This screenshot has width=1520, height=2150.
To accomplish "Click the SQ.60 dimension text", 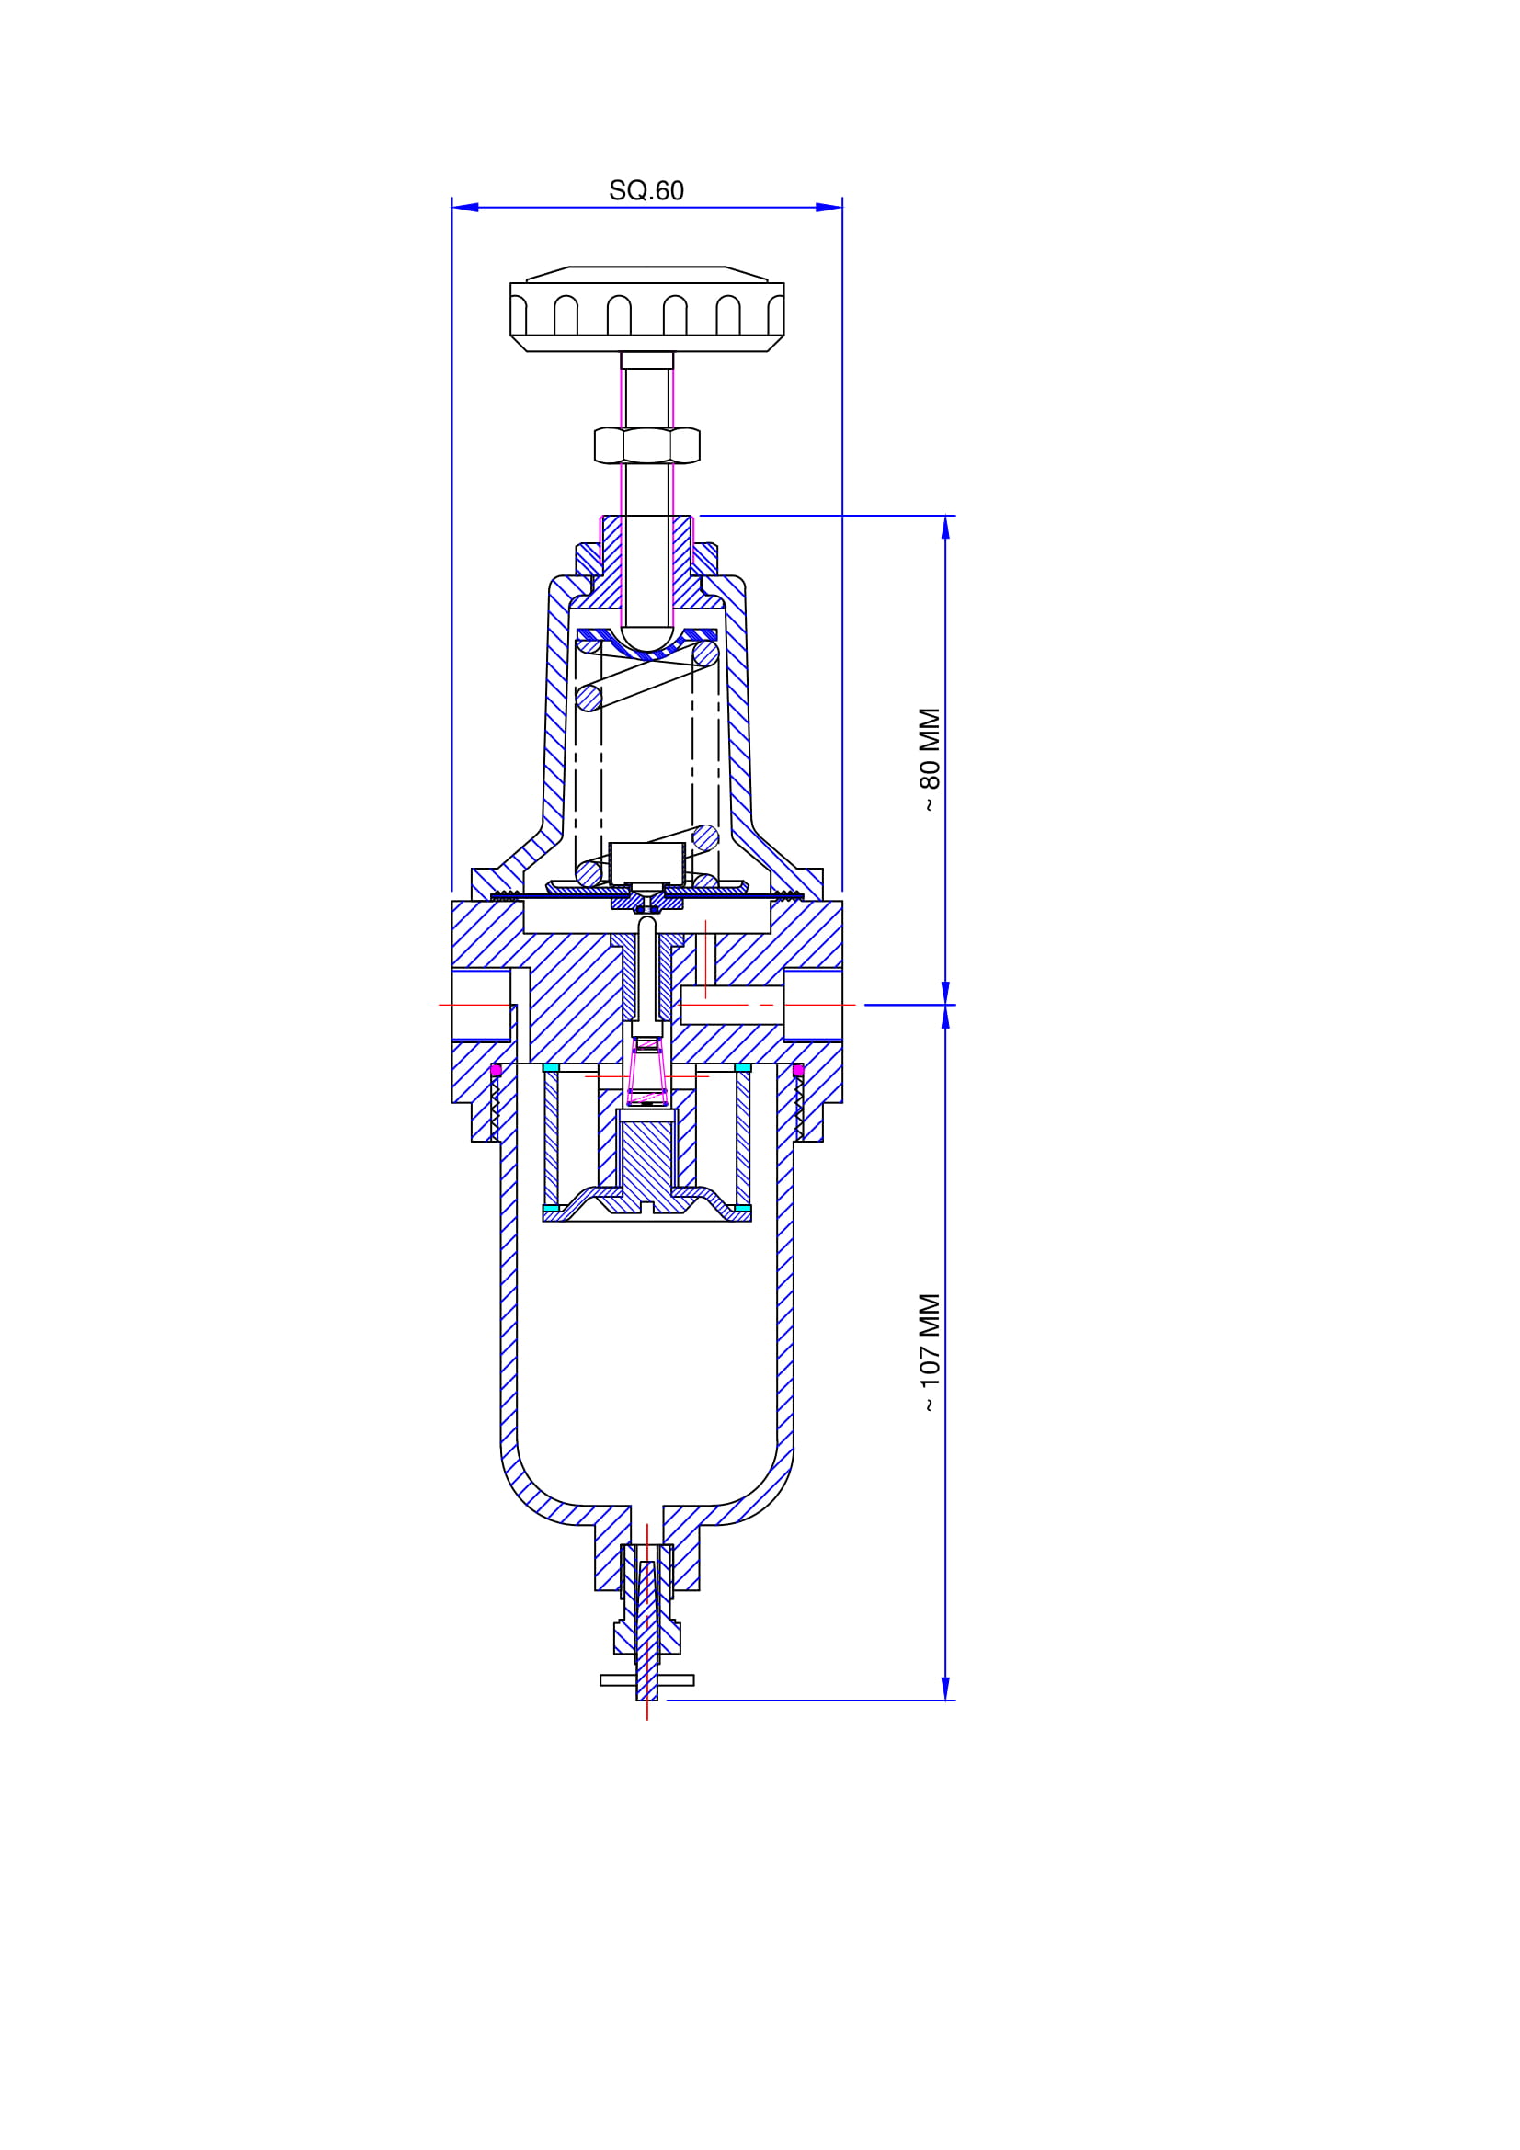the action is click(x=646, y=190).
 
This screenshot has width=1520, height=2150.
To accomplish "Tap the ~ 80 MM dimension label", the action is click(x=929, y=760).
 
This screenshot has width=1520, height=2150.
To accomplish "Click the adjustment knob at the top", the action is click(x=647, y=309).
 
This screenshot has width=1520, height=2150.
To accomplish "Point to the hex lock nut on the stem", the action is click(x=647, y=445).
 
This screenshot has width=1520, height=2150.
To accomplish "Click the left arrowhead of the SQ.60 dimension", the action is click(x=465, y=207).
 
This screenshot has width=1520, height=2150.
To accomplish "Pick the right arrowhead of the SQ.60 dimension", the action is click(x=829, y=207).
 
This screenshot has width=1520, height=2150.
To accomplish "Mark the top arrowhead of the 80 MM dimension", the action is click(x=945, y=529).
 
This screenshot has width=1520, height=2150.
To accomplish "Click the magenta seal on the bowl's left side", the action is click(x=497, y=1069).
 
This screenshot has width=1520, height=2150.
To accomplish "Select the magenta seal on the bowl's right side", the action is click(x=798, y=1069).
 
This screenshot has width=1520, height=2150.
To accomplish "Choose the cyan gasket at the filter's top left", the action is click(x=551, y=1067).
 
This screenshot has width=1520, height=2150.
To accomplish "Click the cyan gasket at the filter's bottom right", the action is click(x=743, y=1208).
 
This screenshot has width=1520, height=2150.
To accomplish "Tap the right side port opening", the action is click(x=813, y=1005).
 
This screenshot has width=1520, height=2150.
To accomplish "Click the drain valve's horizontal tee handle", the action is click(x=647, y=1680).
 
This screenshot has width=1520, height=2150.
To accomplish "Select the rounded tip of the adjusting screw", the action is click(x=647, y=640).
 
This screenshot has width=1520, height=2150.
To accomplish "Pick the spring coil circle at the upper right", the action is click(x=705, y=654).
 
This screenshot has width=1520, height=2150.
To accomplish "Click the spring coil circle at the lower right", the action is click(x=705, y=837).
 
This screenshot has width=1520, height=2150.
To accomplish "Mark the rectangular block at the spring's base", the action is click(x=647, y=862).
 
